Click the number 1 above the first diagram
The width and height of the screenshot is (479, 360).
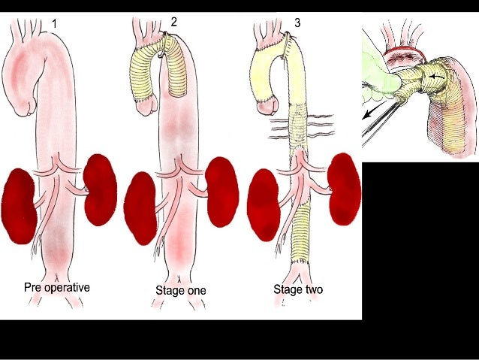click(x=54, y=25)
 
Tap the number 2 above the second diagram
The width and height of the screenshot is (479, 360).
click(x=174, y=22)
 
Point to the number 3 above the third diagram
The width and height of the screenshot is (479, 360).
click(x=297, y=23)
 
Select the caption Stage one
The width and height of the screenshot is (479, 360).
click(x=180, y=290)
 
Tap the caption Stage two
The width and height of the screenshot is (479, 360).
click(x=299, y=288)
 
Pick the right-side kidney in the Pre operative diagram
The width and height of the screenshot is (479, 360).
click(x=100, y=189)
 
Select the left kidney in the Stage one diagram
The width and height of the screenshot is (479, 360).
click(x=140, y=207)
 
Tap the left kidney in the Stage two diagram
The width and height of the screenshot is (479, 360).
click(x=264, y=204)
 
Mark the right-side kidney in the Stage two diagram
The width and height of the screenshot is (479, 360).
click(x=344, y=188)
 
